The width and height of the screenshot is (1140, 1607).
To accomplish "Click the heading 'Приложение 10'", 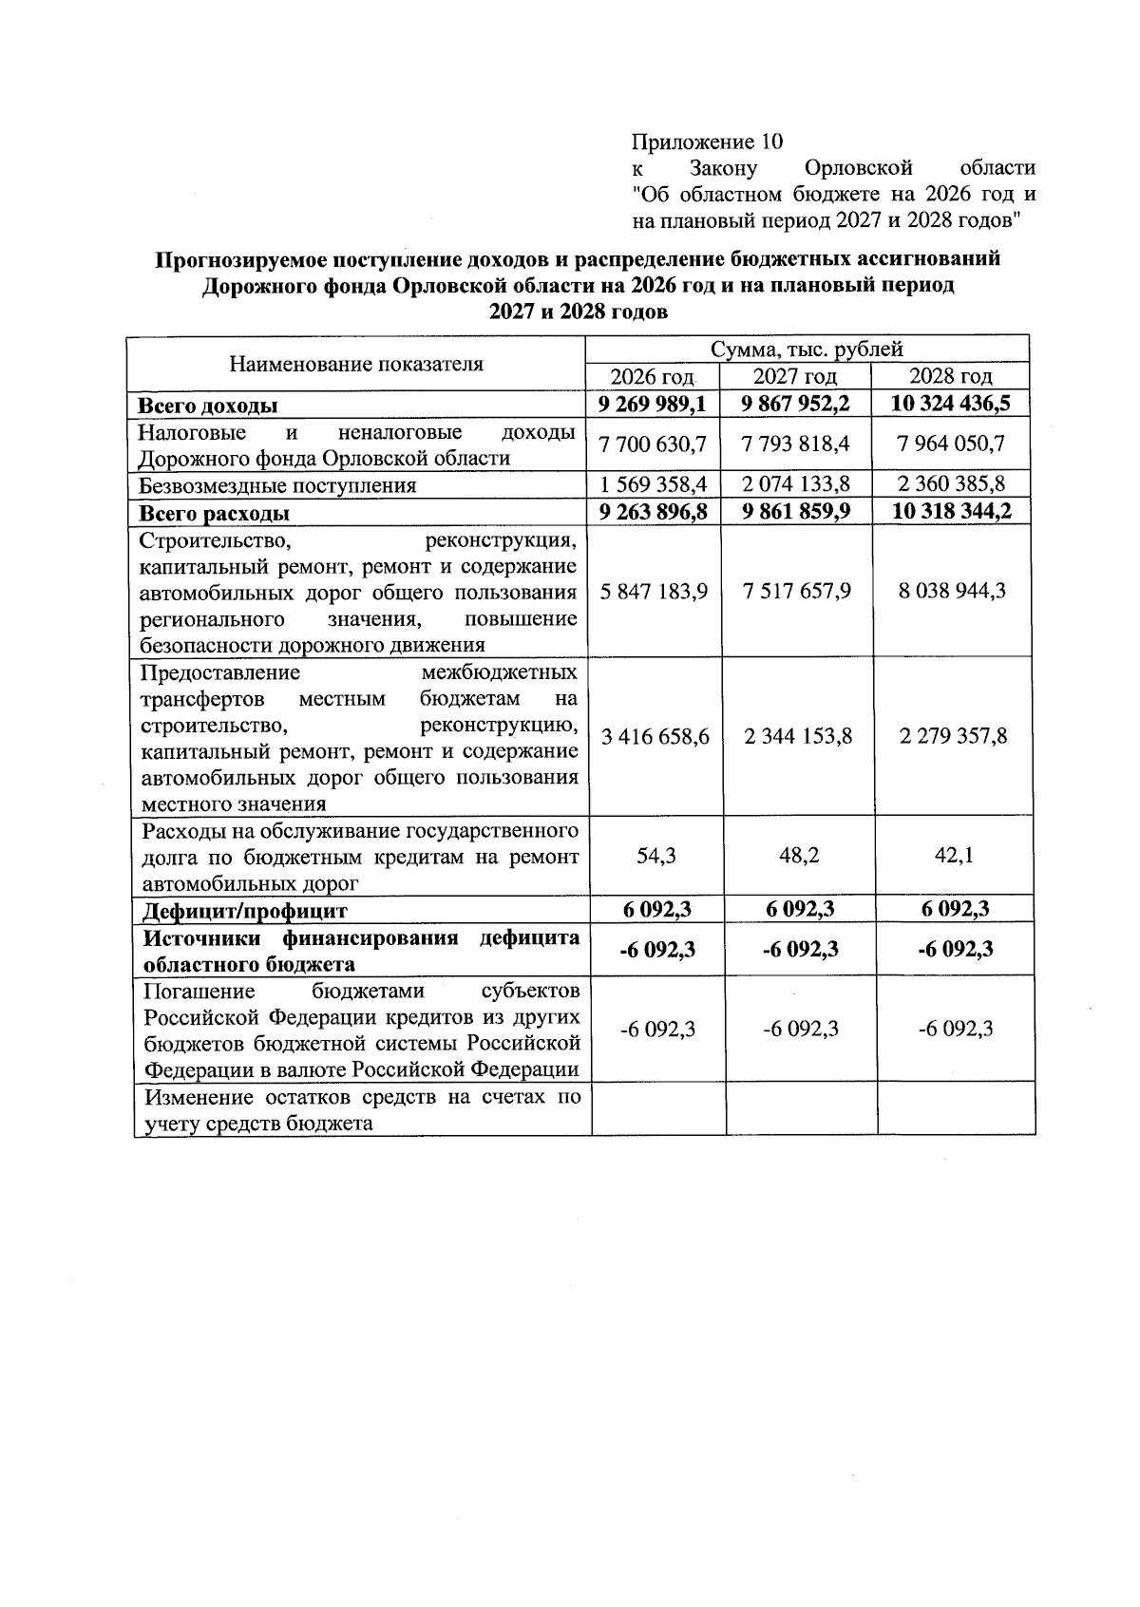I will tap(707, 142).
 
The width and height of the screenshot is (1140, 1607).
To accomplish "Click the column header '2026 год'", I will tap(653, 376).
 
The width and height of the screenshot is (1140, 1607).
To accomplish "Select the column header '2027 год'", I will tap(795, 376).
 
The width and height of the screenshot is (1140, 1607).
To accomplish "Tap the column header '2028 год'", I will tap(951, 376).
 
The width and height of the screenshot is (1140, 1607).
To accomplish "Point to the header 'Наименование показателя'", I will tap(356, 364).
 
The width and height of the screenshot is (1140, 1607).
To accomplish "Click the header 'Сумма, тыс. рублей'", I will tap(807, 350).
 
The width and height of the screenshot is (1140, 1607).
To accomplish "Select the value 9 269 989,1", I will tap(653, 404).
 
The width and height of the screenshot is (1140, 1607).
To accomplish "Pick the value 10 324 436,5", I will tap(951, 404).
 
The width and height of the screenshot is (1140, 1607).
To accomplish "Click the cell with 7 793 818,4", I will tap(797, 444).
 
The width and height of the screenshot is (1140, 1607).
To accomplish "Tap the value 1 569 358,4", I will tap(653, 485).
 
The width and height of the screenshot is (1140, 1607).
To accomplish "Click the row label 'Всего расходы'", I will tap(215, 514).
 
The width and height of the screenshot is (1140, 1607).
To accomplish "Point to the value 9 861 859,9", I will tap(797, 512).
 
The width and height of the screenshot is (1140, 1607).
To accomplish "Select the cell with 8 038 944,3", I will tap(953, 591).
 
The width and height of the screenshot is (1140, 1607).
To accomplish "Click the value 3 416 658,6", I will tap(655, 736).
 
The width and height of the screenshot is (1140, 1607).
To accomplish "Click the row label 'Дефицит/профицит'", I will tap(245, 912).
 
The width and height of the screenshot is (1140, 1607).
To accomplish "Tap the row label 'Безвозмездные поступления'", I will tap(277, 486).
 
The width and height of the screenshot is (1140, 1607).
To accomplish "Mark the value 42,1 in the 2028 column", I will tap(955, 856).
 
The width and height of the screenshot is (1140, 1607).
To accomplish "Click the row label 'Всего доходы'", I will tap(208, 406).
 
